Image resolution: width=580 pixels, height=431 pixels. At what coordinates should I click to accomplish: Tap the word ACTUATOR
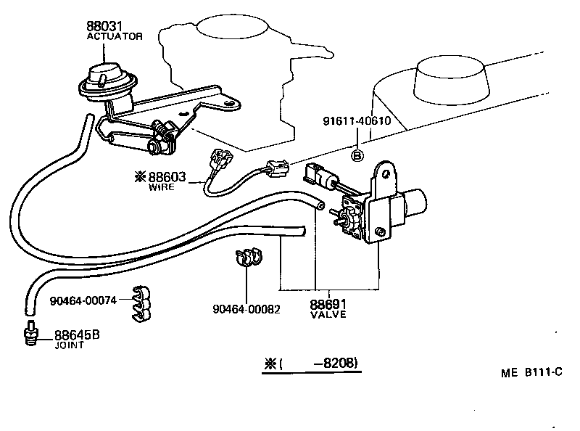coord(115,36)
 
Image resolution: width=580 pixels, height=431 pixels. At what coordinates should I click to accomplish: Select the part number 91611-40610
coord(357,141)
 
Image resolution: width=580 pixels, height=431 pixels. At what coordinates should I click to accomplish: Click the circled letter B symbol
coord(357,155)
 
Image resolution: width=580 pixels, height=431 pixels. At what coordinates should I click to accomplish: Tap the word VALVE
coord(328,315)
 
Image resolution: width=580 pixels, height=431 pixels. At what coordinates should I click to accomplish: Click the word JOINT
coord(70,345)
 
